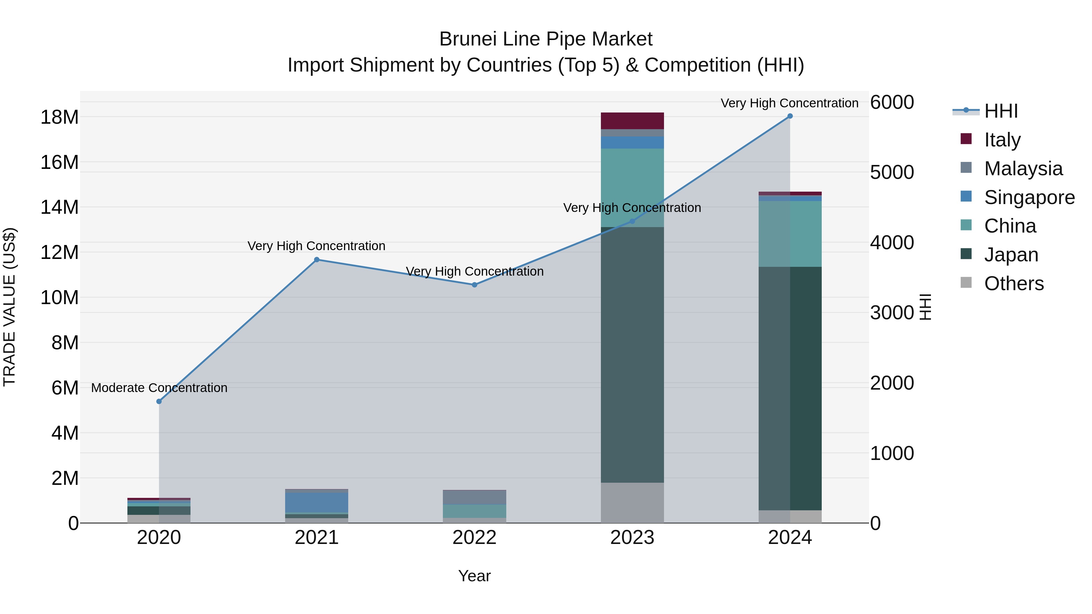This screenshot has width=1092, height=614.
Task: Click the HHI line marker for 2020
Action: pos(159,401)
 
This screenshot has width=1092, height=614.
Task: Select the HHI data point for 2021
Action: pos(317,260)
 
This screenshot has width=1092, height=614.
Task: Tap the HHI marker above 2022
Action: pos(474,285)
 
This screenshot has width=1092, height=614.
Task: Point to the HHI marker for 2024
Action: pos(790,116)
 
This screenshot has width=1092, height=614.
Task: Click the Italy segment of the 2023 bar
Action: pos(632,121)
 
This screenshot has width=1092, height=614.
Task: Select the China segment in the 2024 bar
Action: pos(790,234)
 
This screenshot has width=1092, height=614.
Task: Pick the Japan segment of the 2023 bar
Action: pos(632,355)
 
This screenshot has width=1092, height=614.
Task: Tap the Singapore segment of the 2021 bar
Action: pos(317,502)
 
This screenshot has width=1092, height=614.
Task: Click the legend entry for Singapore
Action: pos(1029,197)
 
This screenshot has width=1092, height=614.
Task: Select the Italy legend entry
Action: pos(1002,140)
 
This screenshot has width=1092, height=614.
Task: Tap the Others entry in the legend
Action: pos(1013,284)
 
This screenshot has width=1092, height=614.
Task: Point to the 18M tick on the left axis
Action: pos(59,117)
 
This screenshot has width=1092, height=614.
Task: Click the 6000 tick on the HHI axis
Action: pos(892,102)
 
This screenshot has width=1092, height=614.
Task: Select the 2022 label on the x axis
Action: pos(474,538)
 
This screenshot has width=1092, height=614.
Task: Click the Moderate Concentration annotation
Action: pos(159,388)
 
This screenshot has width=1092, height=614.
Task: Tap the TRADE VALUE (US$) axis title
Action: pos(9,307)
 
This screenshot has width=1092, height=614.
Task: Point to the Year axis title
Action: pos(474,576)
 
